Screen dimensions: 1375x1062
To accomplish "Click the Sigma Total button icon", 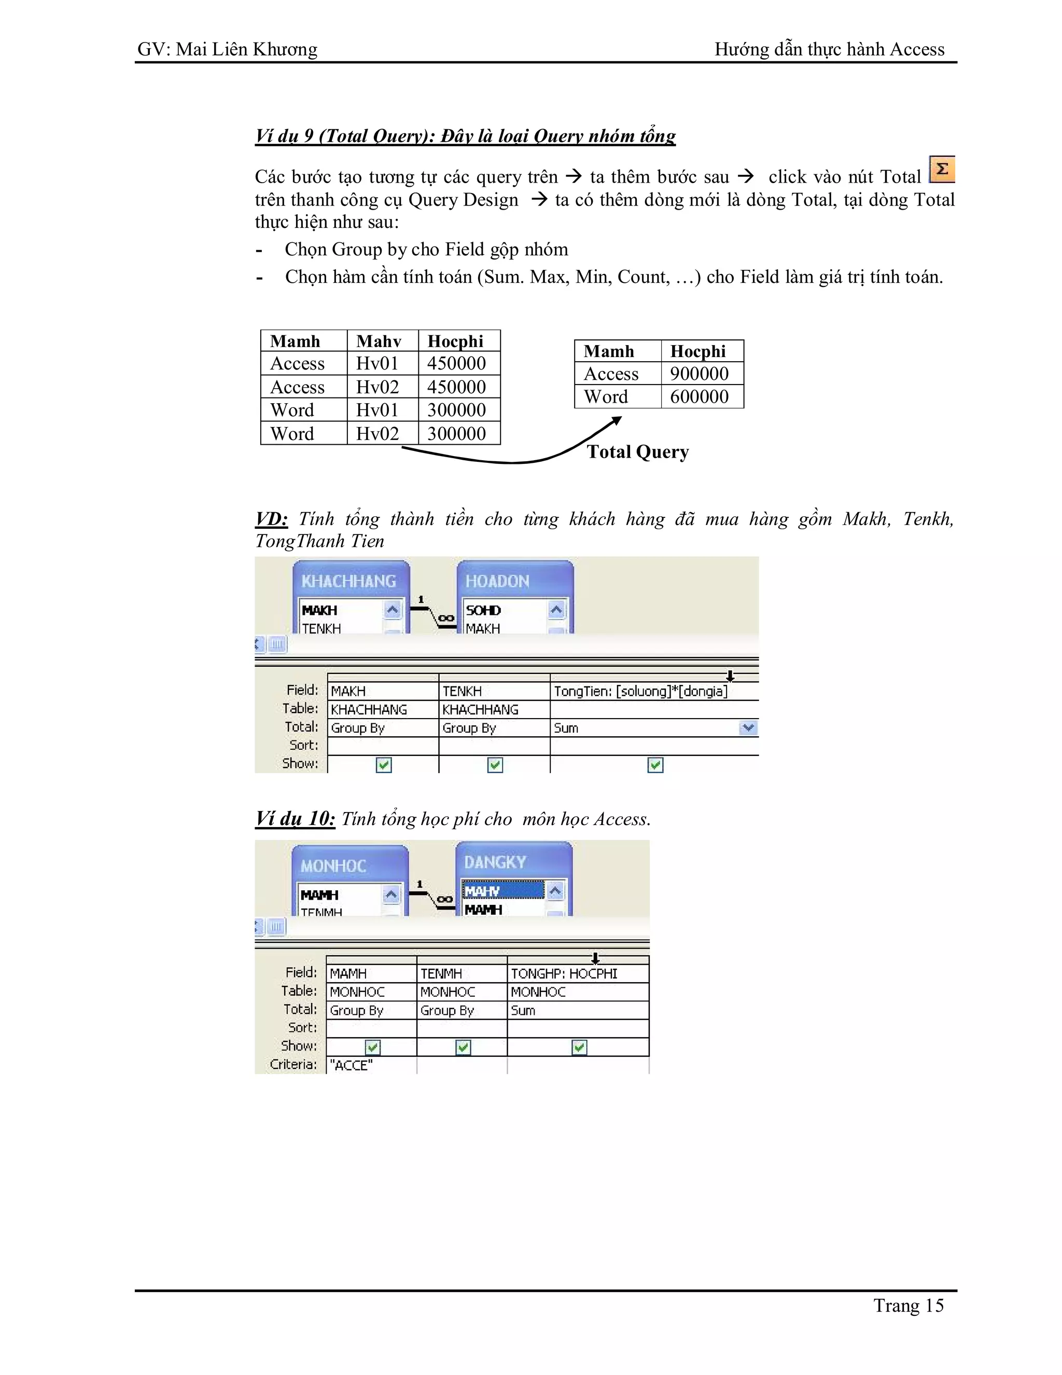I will click(x=942, y=169).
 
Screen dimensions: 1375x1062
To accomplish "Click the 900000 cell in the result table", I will click(x=700, y=374).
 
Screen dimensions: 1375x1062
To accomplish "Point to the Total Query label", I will click(x=637, y=452).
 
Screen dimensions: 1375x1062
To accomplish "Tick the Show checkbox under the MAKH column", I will click(x=384, y=765).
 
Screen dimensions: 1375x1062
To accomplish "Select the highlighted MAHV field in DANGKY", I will click(x=502, y=891).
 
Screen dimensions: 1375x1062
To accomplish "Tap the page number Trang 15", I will click(x=908, y=1306).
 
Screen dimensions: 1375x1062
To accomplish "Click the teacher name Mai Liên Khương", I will click(x=247, y=49).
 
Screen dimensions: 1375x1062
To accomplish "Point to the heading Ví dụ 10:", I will click(x=295, y=818).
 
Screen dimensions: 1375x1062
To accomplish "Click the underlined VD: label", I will click(x=271, y=519).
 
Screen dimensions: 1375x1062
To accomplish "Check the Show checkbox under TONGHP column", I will click(x=579, y=1048).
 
